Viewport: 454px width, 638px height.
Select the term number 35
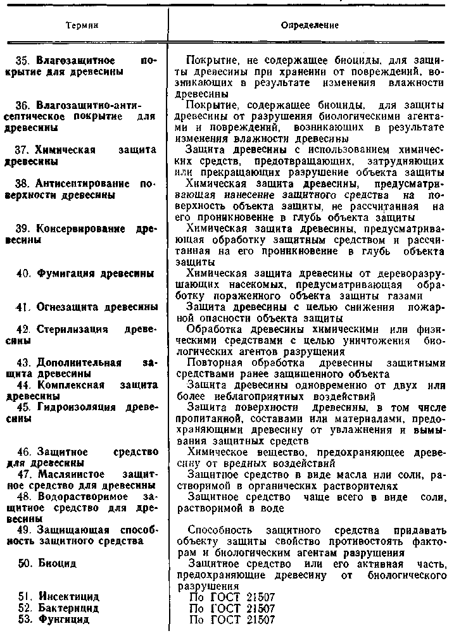[23, 61]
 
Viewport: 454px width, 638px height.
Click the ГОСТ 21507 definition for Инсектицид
[232, 597]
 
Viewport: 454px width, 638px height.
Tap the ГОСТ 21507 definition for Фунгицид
[232, 620]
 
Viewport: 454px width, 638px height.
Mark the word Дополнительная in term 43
[79, 363]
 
